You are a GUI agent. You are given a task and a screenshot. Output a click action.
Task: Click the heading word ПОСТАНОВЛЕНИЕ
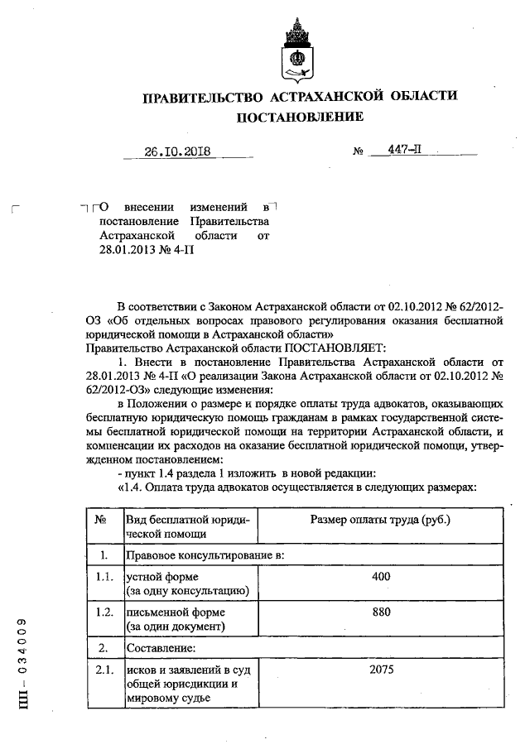click(x=300, y=117)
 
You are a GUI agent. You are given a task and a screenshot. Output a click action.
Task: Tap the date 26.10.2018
click(x=177, y=151)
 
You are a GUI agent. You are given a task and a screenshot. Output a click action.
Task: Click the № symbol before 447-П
click(x=359, y=152)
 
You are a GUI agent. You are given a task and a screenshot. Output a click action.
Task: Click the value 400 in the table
click(x=380, y=576)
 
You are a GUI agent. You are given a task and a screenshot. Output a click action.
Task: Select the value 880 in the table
click(x=380, y=612)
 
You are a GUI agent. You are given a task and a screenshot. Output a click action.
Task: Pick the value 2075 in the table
click(x=380, y=670)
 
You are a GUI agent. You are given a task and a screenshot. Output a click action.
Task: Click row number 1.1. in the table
click(x=103, y=576)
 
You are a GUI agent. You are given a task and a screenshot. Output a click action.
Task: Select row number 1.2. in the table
click(x=103, y=612)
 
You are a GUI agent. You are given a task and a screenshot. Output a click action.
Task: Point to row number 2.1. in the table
click(x=103, y=670)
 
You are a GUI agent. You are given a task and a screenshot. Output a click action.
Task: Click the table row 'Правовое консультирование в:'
click(x=205, y=555)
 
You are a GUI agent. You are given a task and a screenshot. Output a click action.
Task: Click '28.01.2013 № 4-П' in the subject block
click(x=146, y=251)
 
